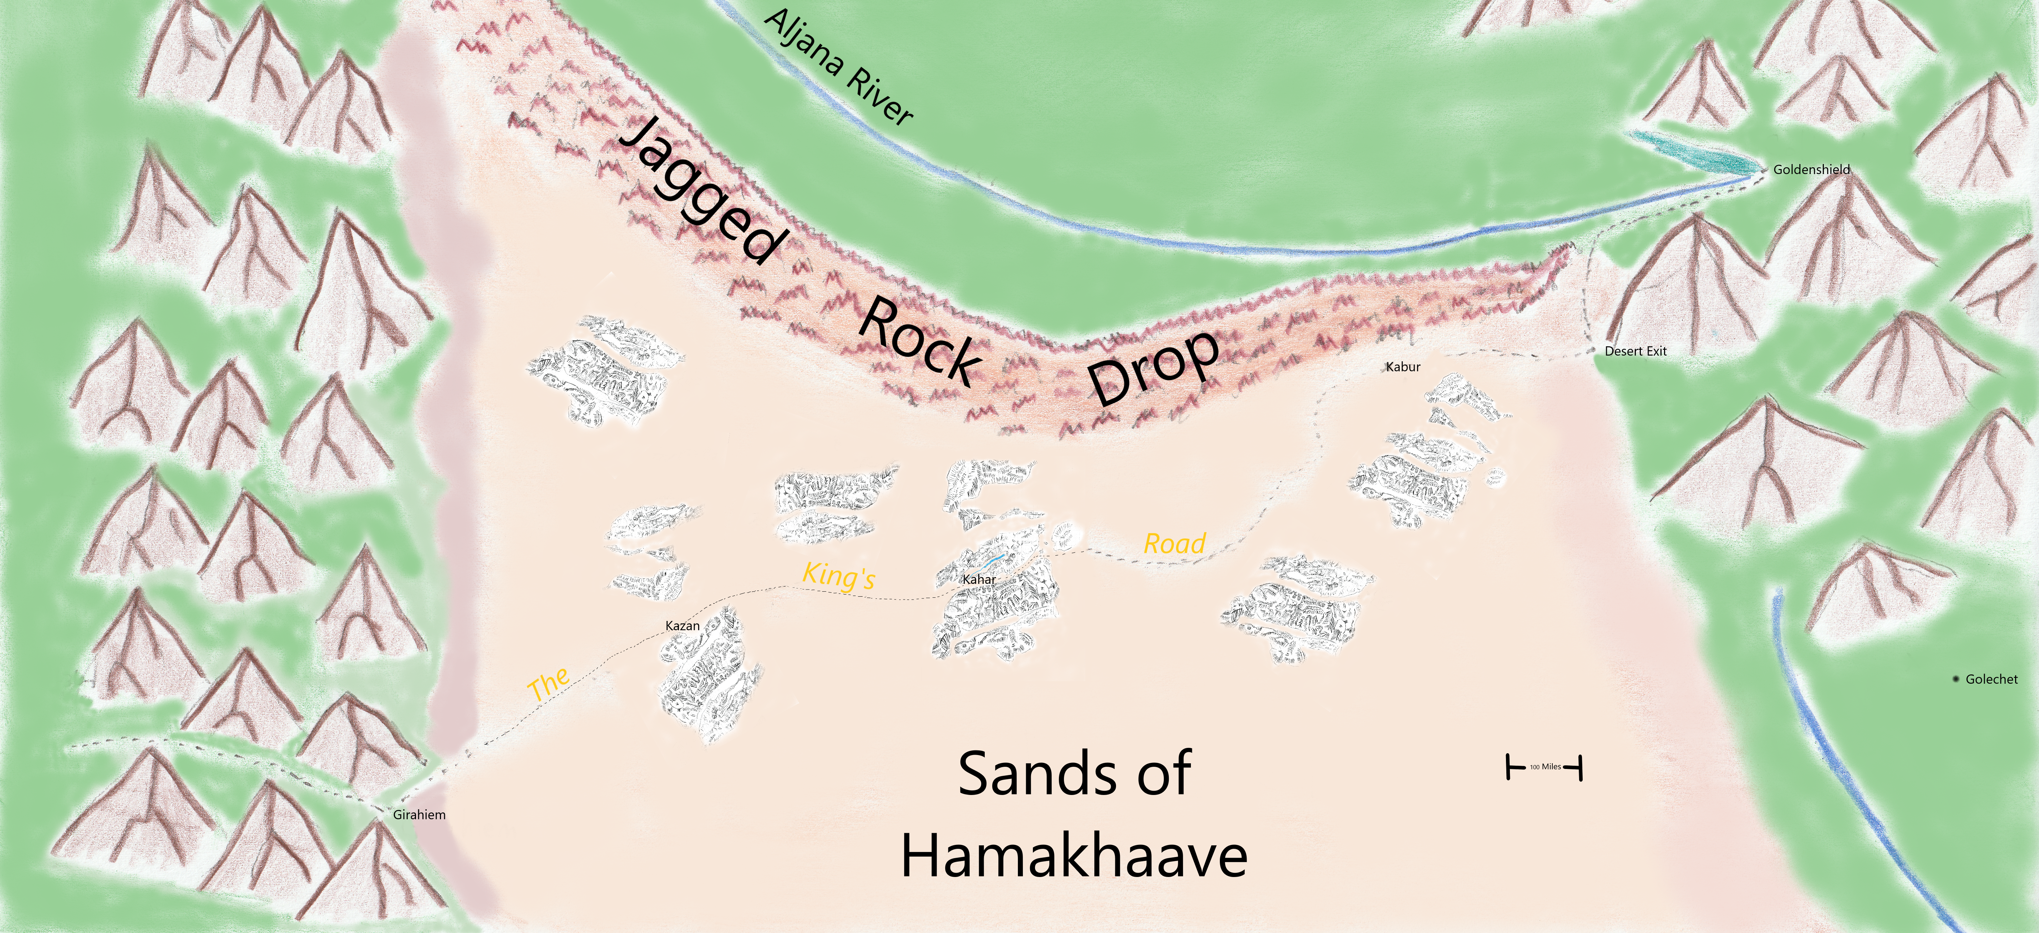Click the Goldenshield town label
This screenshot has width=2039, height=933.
[1811, 169]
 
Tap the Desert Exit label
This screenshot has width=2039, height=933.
[1635, 351]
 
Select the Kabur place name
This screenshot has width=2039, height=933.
[1403, 367]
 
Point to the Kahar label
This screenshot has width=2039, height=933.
[979, 579]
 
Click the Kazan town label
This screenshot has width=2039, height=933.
[682, 626]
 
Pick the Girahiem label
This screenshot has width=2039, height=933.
[420, 814]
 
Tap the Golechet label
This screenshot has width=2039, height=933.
[1992, 679]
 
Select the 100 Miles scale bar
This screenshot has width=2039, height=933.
[1543, 767]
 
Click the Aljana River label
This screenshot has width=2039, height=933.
[839, 67]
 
